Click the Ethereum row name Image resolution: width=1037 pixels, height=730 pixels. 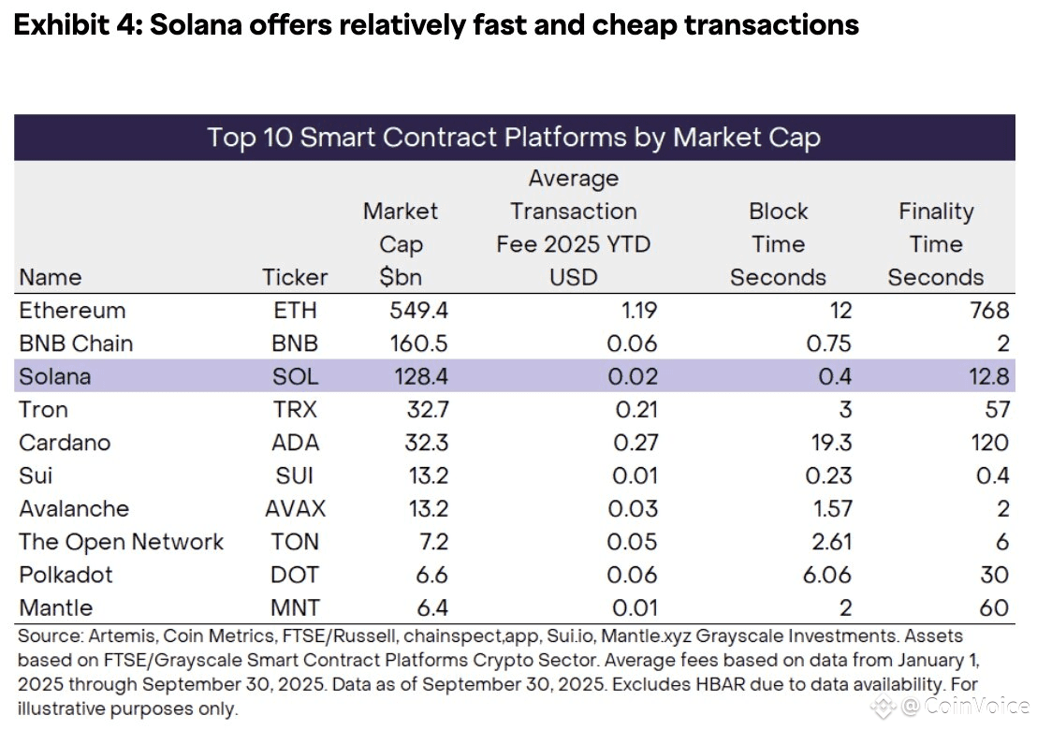[x=72, y=311]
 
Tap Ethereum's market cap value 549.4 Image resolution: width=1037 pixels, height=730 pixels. [x=419, y=311]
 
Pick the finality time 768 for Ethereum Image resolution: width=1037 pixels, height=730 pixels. [x=990, y=311]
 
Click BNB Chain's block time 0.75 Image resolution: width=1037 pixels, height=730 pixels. [x=828, y=343]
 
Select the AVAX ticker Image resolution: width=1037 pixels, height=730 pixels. [x=296, y=509]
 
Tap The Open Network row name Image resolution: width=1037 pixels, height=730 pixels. [x=122, y=542]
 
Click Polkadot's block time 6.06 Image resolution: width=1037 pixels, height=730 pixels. [x=826, y=575]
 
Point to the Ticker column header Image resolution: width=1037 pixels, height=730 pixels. [x=296, y=277]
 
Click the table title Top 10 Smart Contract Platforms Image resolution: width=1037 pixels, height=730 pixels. [x=514, y=138]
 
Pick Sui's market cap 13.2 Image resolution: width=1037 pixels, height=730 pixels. [x=428, y=476]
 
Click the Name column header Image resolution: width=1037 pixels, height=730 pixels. [x=51, y=277]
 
